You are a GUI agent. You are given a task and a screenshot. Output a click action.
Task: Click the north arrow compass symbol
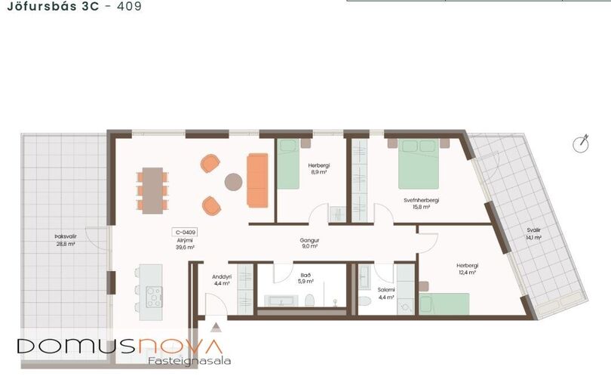[581, 144]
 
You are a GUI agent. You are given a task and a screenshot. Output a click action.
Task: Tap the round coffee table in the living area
[233, 182]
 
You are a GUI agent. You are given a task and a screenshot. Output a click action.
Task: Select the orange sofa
[257, 180]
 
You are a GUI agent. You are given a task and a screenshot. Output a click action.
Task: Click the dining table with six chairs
[152, 190]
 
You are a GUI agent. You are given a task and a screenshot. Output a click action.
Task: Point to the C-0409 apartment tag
[185, 233]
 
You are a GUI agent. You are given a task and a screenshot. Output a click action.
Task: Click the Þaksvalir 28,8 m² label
[66, 240]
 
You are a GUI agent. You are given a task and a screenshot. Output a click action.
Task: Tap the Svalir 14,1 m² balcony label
[533, 234]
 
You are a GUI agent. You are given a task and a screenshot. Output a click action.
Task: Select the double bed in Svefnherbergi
[419, 164]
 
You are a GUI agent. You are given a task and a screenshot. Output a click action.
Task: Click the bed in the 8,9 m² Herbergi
[288, 164]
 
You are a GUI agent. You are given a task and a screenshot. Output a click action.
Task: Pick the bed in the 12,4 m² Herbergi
[444, 304]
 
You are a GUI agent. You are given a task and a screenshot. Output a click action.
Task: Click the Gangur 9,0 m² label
[310, 243]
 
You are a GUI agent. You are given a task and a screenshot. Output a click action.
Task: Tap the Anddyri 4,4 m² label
[222, 280]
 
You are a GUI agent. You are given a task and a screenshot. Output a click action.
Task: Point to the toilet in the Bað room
[310, 300]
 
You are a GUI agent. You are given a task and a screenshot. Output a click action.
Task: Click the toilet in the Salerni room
[365, 301]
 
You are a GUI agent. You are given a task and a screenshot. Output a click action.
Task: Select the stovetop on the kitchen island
[155, 297]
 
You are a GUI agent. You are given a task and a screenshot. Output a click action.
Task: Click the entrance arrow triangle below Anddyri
[216, 327]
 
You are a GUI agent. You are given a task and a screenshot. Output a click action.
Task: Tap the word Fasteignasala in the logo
[189, 361]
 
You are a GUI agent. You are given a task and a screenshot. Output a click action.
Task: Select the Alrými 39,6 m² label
[185, 244]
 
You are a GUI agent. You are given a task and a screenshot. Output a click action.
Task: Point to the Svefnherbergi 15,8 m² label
[421, 204]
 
